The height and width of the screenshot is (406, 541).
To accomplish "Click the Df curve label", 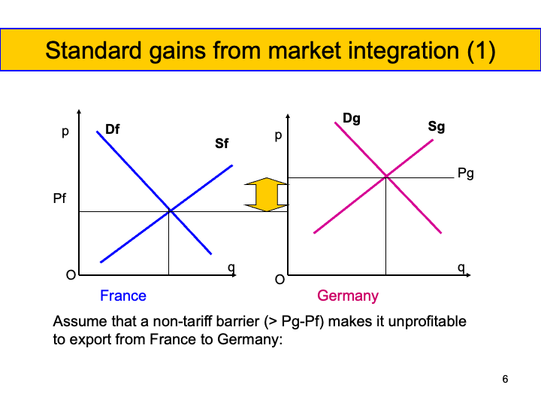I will point(112,129).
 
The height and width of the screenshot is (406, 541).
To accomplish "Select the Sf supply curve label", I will point(222,143).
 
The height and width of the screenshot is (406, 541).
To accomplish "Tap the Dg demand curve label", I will point(352,118).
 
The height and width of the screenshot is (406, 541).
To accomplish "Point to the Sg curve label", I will point(437,126).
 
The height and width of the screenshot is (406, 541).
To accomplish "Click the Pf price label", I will point(60,201).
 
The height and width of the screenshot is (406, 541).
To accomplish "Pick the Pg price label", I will point(466,174).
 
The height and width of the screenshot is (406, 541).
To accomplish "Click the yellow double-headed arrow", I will point(267,195).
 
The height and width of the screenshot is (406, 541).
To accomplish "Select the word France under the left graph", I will point(123,295).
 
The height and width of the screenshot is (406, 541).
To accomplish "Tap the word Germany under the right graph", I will point(348,295).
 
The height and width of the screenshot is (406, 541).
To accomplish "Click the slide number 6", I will point(505,379).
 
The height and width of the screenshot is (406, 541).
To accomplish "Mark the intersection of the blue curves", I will point(170,211).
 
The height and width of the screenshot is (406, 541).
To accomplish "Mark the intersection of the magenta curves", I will point(386,177).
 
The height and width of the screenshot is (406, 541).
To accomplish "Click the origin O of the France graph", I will point(71,275).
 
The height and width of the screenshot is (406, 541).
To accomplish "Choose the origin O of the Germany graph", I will point(279,280).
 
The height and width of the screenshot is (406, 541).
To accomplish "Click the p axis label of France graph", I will point(65,132).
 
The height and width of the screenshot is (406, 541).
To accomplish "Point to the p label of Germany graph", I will point(278,137).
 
